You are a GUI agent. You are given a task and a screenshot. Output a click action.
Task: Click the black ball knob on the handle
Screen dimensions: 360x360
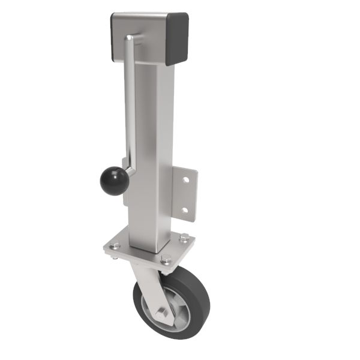[x=113, y=181]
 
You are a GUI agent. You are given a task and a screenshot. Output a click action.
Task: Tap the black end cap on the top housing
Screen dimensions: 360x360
[x=179, y=39]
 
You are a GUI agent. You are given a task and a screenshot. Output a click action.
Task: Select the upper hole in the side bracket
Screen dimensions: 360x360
[x=186, y=179]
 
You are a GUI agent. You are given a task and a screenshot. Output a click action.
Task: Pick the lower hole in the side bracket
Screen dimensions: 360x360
[x=185, y=210]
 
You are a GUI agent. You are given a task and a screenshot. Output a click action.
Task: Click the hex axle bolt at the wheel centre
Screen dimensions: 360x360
[x=162, y=314]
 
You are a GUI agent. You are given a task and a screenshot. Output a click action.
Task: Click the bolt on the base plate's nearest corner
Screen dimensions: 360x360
[x=164, y=260]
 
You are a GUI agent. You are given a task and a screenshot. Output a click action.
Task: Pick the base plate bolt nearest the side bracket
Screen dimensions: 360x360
[x=184, y=238]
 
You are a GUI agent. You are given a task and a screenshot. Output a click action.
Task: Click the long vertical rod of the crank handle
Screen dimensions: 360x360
[x=128, y=102]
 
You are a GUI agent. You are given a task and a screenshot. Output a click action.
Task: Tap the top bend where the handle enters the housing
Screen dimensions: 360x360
[x=131, y=38]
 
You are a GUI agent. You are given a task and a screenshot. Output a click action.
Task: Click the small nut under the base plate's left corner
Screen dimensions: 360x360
[x=115, y=257]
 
